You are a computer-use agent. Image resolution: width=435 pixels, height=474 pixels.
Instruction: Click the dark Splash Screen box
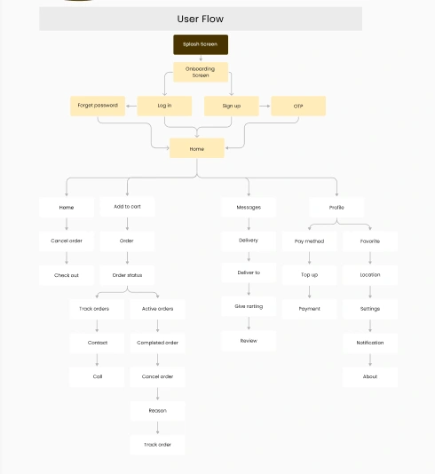click(x=201, y=44)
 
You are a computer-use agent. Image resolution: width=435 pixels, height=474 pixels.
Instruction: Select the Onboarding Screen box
click(x=201, y=72)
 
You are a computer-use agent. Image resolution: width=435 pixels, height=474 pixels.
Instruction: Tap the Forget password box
click(x=98, y=106)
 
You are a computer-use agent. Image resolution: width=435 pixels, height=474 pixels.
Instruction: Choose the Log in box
click(x=164, y=106)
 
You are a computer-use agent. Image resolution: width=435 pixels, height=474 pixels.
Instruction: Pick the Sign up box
click(x=232, y=106)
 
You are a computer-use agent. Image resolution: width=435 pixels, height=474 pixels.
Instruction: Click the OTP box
click(x=298, y=106)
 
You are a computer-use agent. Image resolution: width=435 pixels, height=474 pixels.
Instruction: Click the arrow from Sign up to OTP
click(x=265, y=106)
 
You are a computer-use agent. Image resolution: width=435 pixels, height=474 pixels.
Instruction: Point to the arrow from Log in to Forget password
click(x=131, y=106)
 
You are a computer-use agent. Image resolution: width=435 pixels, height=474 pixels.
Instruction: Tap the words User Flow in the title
click(x=201, y=19)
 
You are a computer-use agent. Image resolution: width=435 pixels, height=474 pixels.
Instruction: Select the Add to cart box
click(x=127, y=207)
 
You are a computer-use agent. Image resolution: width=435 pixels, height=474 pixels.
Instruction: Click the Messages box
click(x=249, y=208)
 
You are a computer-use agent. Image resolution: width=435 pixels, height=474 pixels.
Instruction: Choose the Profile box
click(x=336, y=208)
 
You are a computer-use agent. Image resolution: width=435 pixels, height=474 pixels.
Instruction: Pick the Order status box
click(x=127, y=275)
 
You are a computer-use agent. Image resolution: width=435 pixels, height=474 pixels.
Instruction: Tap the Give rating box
click(x=249, y=306)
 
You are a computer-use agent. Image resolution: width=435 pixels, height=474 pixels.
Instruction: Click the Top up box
click(x=310, y=275)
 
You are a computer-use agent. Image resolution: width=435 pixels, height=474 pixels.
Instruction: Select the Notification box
click(x=370, y=343)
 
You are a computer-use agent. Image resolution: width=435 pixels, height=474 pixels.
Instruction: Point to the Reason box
click(x=157, y=411)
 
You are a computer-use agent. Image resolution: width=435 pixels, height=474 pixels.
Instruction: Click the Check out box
click(x=67, y=275)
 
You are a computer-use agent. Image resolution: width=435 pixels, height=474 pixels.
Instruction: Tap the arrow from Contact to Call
click(x=97, y=359)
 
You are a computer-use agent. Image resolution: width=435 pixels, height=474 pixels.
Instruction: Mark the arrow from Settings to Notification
click(x=370, y=326)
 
